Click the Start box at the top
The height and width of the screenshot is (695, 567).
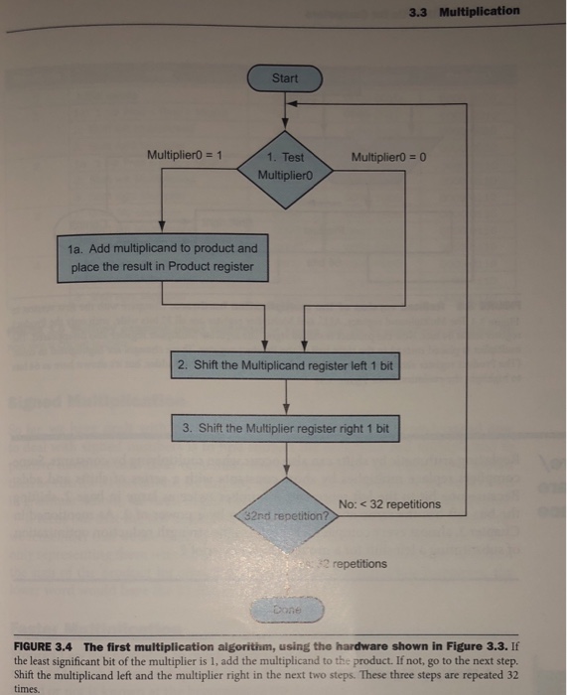click(285, 77)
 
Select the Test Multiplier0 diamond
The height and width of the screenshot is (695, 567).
click(286, 166)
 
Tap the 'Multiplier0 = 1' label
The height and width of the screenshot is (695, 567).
click(186, 155)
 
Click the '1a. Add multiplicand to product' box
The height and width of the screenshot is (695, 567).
click(163, 257)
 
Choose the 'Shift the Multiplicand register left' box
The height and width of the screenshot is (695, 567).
click(285, 366)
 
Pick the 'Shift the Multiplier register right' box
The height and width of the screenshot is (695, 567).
click(286, 429)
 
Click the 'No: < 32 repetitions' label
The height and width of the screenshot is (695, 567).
click(389, 504)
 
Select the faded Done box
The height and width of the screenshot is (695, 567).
click(286, 606)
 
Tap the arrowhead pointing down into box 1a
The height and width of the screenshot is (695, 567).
click(163, 227)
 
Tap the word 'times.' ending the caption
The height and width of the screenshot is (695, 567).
click(27, 685)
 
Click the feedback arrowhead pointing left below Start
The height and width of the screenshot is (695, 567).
click(299, 102)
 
